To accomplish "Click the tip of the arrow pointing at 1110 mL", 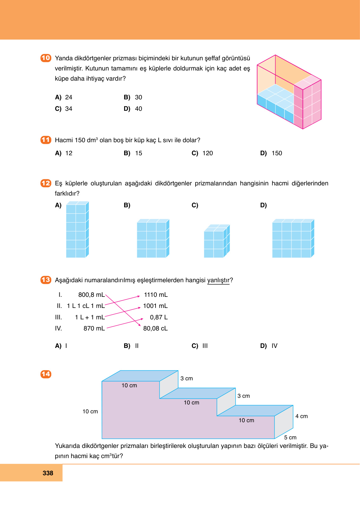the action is coord(140,296).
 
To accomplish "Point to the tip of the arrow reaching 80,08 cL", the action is coord(140,326).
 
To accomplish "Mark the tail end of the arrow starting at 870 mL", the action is coord(107,328).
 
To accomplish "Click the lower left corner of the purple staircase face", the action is coord(102,439).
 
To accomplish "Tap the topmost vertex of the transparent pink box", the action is coord(275,55).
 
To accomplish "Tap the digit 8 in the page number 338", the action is coord(51,473).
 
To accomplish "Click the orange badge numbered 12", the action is coord(46,183).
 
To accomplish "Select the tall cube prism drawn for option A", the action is coord(77,230).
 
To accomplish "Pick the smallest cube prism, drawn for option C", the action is coord(217,241).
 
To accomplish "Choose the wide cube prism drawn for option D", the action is coord(293,238).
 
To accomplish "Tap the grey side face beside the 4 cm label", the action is coord(284,422).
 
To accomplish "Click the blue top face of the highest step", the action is coord(140,376).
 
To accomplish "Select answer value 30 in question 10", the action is coord(138,97).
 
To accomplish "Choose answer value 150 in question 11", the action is coord(277,153).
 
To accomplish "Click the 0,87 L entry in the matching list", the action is coord(159,317).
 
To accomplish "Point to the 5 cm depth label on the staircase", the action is coord(290,437).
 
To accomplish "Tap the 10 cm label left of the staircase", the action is coord(90,411).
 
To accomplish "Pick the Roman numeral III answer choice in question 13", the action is coord(205,346).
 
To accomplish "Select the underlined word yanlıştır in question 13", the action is coord(218,280).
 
